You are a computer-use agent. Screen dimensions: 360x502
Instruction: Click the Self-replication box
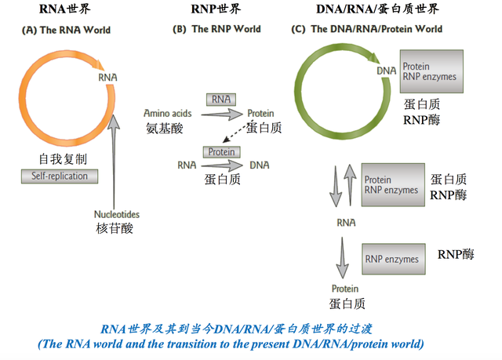[x=60, y=176]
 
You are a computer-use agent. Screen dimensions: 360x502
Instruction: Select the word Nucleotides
[x=116, y=213]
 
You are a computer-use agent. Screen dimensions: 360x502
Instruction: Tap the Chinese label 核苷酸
[x=116, y=227]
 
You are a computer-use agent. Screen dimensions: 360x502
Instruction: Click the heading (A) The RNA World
[x=67, y=31]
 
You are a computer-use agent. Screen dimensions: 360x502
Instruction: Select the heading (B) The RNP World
[x=216, y=31]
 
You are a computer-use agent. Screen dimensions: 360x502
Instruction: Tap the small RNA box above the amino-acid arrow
[x=221, y=100]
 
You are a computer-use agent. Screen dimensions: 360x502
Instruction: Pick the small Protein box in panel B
[x=221, y=151]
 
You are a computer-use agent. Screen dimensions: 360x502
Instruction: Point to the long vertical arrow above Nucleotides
[x=115, y=157]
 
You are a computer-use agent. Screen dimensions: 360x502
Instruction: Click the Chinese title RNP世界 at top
[x=216, y=9]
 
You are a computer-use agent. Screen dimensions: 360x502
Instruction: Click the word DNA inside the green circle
[x=387, y=71]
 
